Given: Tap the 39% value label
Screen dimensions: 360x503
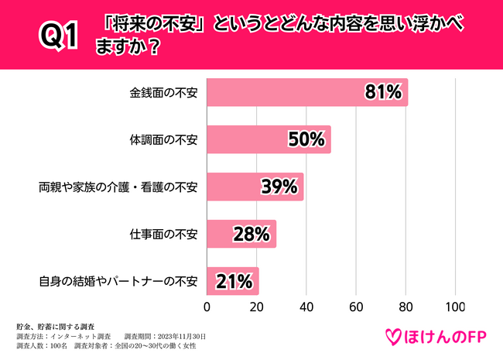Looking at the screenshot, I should click(x=279, y=187).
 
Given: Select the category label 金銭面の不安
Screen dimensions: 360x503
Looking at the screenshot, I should click(x=163, y=94).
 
